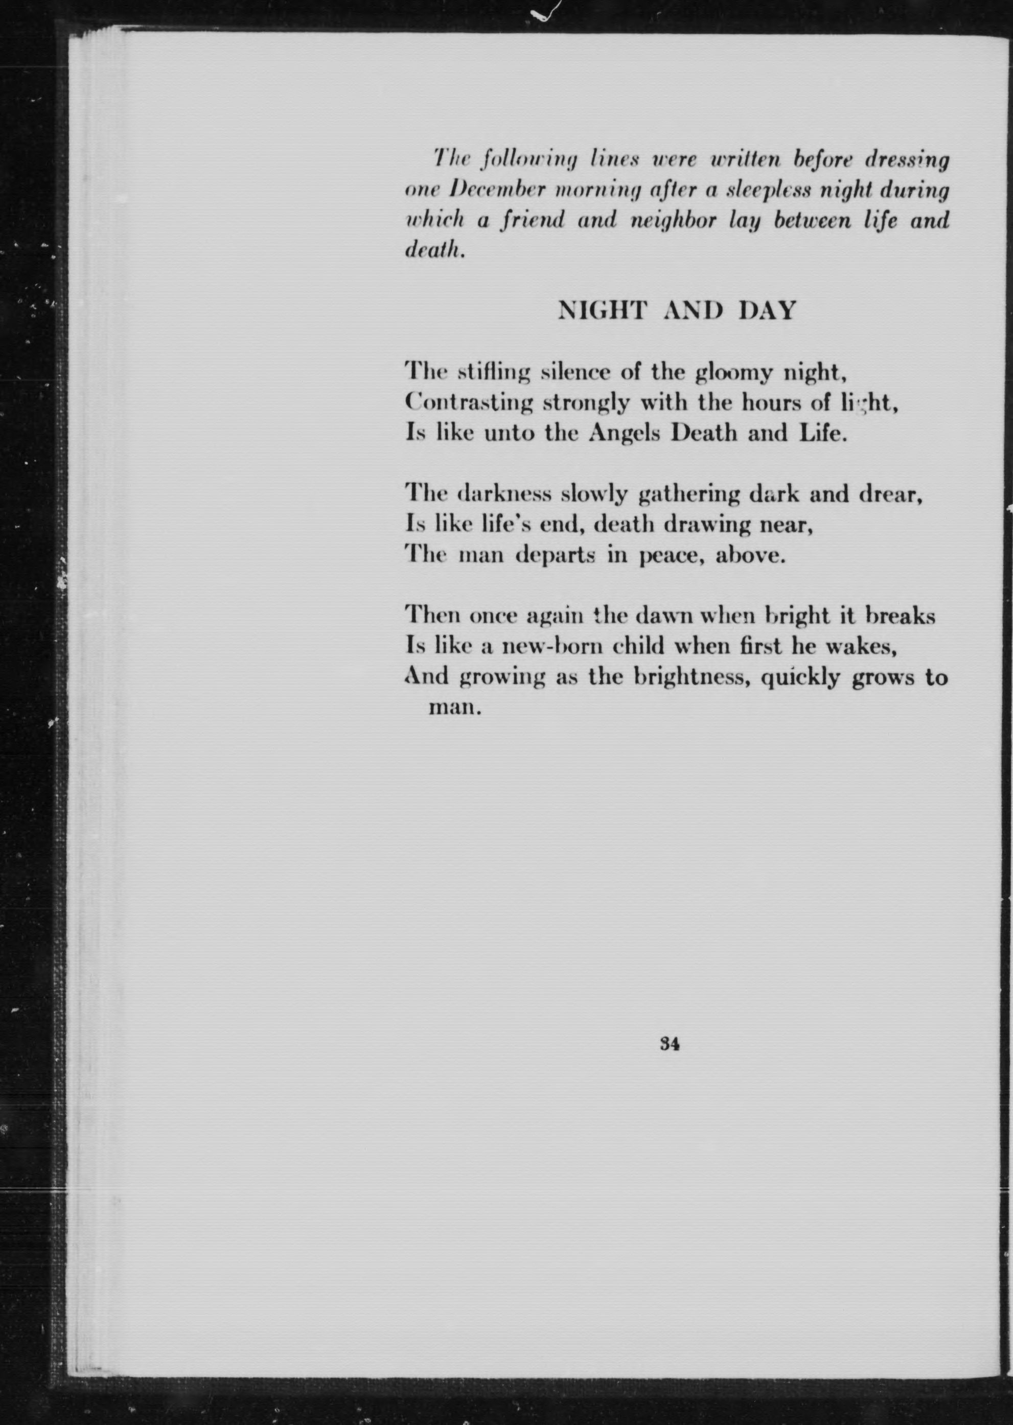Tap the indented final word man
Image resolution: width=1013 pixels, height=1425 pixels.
click(455, 708)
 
